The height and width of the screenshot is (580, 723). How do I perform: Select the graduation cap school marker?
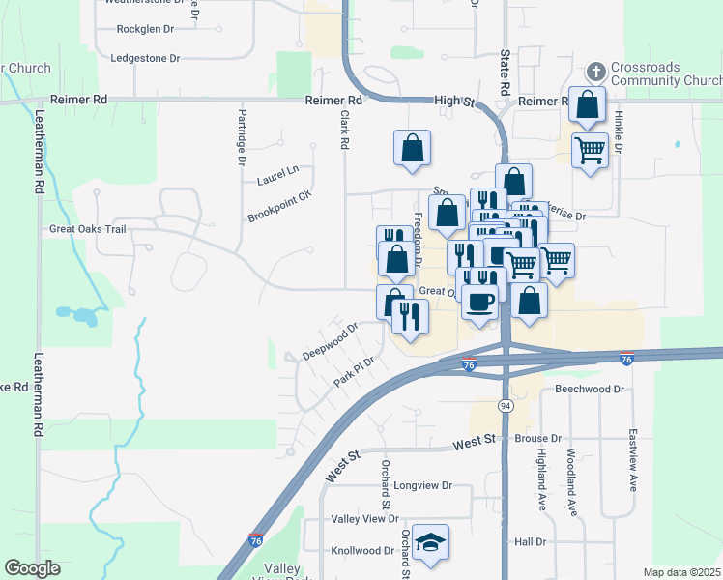tap(430, 543)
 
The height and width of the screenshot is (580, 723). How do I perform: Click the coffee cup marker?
tap(479, 301)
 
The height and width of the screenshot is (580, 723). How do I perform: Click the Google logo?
tap(33, 568)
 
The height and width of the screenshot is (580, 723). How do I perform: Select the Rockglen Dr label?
tap(145, 29)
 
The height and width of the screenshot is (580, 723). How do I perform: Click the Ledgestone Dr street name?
tap(146, 58)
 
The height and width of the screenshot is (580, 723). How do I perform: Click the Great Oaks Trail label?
tap(88, 230)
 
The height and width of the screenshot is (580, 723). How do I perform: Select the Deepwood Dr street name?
tap(330, 340)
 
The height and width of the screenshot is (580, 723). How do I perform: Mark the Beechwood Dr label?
tap(590, 390)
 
